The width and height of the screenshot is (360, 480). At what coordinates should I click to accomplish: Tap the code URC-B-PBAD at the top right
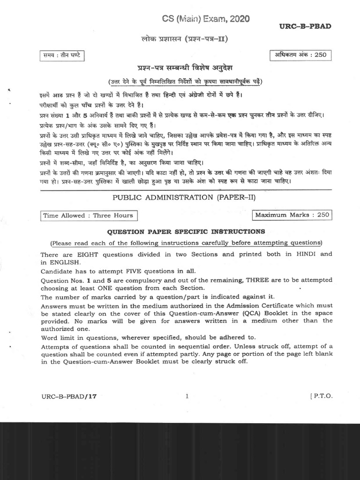click(x=305, y=26)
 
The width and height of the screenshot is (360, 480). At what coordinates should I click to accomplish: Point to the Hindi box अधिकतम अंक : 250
click(x=300, y=55)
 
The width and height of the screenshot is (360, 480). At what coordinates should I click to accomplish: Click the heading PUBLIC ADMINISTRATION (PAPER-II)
click(x=184, y=197)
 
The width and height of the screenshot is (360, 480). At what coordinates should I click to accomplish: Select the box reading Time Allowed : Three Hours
click(x=88, y=216)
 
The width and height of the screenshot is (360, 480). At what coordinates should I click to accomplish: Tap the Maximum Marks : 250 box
click(x=291, y=215)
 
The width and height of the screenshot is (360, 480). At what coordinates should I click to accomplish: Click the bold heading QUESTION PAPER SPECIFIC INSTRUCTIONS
click(x=186, y=232)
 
